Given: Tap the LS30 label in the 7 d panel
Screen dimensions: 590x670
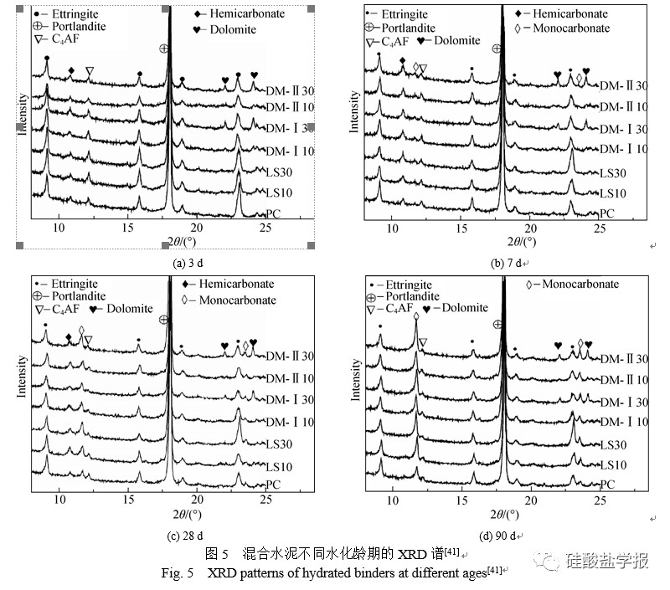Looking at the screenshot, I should [x=611, y=173].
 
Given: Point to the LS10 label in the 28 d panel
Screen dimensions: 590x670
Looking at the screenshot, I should [x=278, y=466].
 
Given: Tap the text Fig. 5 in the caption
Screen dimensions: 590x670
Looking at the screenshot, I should [x=178, y=574].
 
